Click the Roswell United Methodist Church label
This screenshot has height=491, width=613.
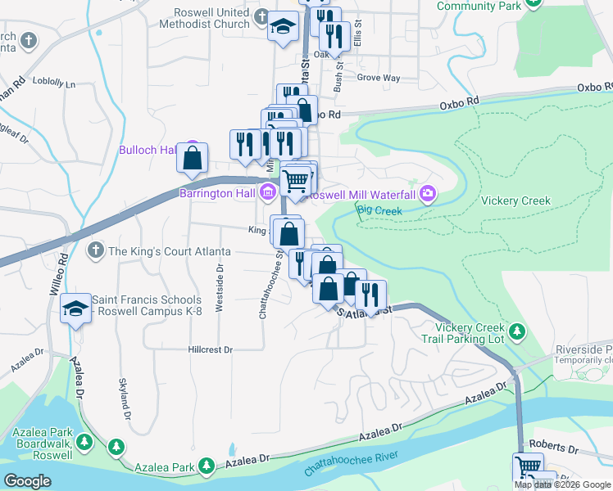[x=211, y=19]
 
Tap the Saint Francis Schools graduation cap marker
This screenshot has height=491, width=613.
[x=76, y=309]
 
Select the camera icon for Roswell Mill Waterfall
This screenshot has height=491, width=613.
[x=427, y=194]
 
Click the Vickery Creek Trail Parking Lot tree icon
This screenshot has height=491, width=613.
[x=516, y=331]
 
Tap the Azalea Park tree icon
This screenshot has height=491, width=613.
[x=207, y=467]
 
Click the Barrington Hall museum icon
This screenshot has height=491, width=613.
[x=267, y=194]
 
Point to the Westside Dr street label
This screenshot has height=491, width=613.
[x=219, y=287]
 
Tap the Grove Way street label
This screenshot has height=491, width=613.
[x=378, y=79]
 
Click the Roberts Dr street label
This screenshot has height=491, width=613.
[x=554, y=449]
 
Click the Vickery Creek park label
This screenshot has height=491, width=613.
[x=515, y=200]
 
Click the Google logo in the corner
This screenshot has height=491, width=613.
[x=27, y=480]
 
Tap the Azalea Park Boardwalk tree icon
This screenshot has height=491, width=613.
[x=116, y=447]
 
